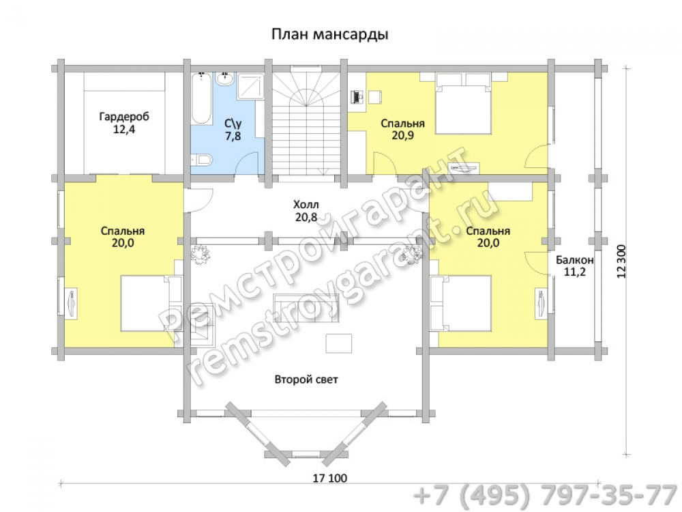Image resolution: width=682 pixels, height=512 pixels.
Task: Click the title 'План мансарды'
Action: (329, 34)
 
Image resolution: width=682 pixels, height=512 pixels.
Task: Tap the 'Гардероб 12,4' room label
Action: (124, 123)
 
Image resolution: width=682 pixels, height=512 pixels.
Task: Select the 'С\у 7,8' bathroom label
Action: (233, 129)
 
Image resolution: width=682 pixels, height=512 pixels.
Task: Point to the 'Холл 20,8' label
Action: (306, 211)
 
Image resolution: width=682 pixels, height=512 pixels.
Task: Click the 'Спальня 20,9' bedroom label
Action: (402, 129)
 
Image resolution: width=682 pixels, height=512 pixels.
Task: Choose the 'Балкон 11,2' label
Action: (574, 266)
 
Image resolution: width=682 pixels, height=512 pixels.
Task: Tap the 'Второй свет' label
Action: (306, 379)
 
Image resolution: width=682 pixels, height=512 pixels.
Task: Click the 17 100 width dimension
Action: (330, 478)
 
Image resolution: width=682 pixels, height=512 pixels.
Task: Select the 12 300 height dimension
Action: (621, 261)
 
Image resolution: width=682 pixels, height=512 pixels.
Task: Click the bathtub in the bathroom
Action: (201, 98)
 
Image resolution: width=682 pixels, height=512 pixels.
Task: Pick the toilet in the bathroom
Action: (202, 160)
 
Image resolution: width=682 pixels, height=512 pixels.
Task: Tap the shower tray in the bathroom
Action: (251, 87)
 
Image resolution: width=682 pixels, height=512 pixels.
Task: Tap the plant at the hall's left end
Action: (200, 254)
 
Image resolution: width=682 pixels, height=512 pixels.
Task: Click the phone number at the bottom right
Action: (546, 496)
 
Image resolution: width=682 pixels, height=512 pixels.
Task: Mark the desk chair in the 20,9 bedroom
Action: (375, 97)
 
